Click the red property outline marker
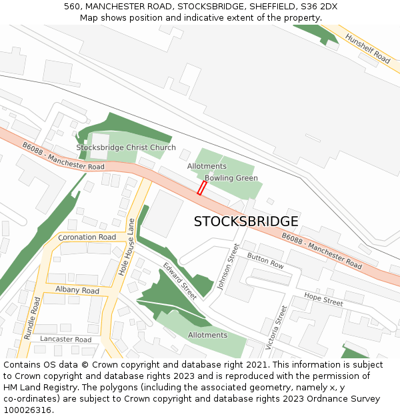coord(201,188)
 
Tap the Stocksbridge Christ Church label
coord(126,147)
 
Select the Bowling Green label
coord(231,178)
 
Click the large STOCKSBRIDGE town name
coord(246,222)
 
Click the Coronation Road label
coord(87,238)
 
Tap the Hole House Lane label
coord(127,248)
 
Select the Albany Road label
coord(77,291)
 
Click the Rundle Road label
coord(32,318)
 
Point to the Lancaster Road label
coord(65,340)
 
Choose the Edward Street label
coord(180,282)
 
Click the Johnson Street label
coord(228,266)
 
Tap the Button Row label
coord(265,260)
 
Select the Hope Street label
coord(323,299)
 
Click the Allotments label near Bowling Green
coord(207,166)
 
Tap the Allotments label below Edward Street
coord(207,335)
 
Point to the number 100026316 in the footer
coord(28,410)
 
